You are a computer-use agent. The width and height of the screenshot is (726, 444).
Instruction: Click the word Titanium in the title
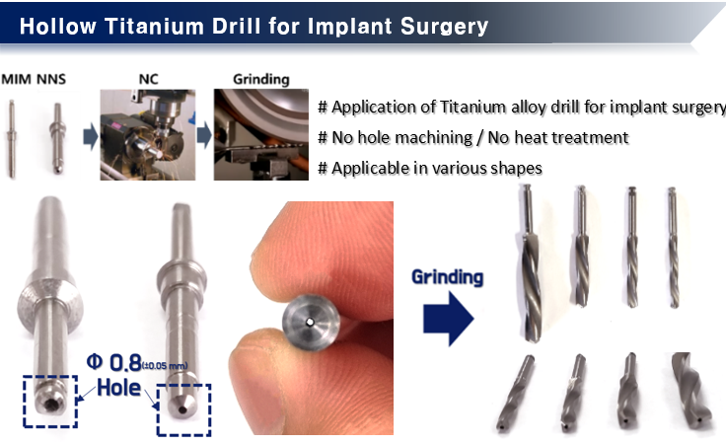(x=155, y=27)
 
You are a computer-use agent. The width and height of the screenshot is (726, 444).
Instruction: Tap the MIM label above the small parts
(x=17, y=79)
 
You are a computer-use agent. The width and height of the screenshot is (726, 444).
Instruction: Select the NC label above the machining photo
(x=148, y=79)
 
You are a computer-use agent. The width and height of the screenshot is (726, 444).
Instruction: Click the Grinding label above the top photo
(x=261, y=80)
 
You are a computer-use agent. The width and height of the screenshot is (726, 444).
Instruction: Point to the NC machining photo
(x=148, y=135)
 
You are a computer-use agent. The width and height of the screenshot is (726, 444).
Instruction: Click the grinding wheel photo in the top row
(x=261, y=135)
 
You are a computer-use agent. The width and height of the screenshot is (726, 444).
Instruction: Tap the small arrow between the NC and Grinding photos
(x=204, y=136)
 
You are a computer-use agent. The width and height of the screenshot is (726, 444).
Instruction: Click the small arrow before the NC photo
(x=91, y=137)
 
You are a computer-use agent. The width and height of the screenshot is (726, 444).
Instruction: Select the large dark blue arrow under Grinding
(x=448, y=319)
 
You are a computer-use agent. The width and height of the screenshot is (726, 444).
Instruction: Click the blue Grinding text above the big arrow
(x=447, y=277)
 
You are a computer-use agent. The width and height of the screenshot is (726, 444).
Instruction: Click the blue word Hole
(x=118, y=388)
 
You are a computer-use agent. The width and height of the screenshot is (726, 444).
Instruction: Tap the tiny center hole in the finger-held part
(x=310, y=322)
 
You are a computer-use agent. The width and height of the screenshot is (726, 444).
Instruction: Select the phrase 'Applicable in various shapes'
(x=437, y=168)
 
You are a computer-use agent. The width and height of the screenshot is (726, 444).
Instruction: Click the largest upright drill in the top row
(x=530, y=263)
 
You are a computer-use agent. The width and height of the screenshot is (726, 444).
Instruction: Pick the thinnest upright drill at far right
(x=673, y=248)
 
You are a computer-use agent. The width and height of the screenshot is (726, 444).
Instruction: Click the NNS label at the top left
(x=51, y=79)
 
